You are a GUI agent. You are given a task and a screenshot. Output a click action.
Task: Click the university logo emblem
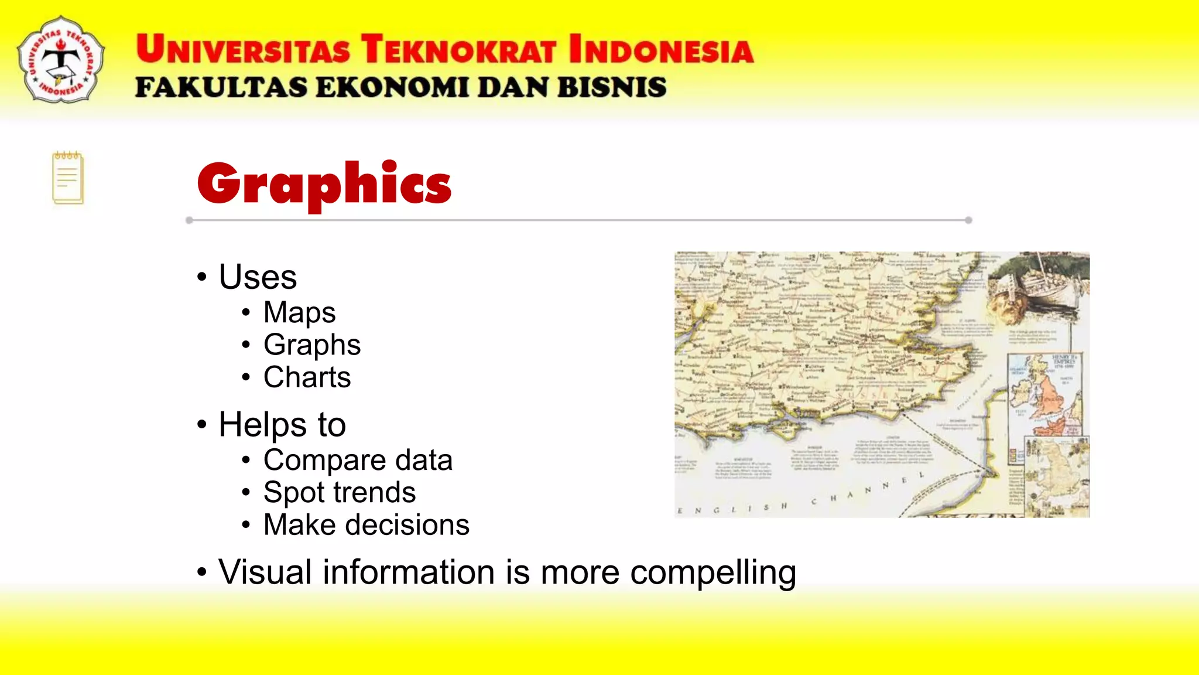[61, 60]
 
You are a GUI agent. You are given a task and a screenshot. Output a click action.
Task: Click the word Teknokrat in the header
[458, 49]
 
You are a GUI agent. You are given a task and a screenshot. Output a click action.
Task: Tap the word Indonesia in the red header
[661, 49]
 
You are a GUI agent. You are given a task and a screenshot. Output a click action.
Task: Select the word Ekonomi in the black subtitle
[393, 88]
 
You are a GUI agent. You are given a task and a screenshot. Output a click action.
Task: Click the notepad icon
[68, 178]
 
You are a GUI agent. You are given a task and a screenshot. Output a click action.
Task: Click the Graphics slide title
[324, 184]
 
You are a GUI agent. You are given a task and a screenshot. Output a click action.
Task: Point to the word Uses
[258, 277]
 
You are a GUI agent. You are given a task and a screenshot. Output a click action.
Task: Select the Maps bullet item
[299, 312]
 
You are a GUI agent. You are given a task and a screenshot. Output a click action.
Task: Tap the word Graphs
[311, 345]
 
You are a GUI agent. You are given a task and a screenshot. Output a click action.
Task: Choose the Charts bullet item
[307, 377]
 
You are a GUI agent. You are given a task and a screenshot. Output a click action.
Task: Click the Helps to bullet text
[282, 424]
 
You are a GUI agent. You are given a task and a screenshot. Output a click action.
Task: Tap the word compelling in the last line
[712, 572]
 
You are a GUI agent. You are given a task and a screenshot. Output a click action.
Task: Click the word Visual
[265, 572]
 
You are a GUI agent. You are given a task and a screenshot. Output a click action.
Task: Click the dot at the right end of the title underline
[968, 220]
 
